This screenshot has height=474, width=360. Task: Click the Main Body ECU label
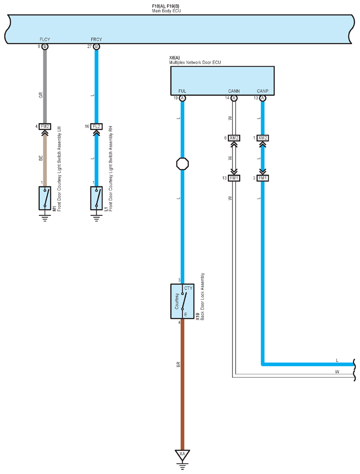pyautogui.click(x=166, y=11)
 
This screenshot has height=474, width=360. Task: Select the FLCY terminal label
pyautogui.click(x=45, y=39)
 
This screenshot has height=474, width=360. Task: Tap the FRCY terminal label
pyautogui.click(x=97, y=39)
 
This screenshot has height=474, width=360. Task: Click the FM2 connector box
pyautogui.click(x=45, y=126)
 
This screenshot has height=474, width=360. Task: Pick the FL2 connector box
pyautogui.click(x=97, y=126)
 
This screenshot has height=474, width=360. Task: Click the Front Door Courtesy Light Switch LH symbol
pyautogui.click(x=45, y=198)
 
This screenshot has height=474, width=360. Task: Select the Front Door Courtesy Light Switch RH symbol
pyautogui.click(x=97, y=198)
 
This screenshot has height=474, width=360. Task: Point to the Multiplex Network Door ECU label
pyautogui.click(x=195, y=62)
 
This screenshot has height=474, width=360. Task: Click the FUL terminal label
pyautogui.click(x=182, y=91)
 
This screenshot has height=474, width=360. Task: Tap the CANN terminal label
pyautogui.click(x=234, y=91)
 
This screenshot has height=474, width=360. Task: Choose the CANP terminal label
pyautogui.click(x=262, y=91)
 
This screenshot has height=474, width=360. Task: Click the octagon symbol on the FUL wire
pyautogui.click(x=183, y=164)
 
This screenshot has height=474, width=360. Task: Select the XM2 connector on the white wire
pyautogui.click(x=234, y=138)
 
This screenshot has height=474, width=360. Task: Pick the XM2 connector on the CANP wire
pyautogui.click(x=262, y=138)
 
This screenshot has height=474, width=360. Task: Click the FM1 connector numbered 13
pyautogui.click(x=234, y=178)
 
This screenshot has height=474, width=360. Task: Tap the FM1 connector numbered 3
pyautogui.click(x=262, y=178)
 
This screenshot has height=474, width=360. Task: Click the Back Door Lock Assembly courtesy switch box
pyautogui.click(x=182, y=301)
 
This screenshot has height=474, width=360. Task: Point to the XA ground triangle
pyautogui.click(x=182, y=455)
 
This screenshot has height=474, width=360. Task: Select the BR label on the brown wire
pyautogui.click(x=178, y=365)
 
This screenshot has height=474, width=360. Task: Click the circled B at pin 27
pyautogui.click(x=97, y=46)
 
